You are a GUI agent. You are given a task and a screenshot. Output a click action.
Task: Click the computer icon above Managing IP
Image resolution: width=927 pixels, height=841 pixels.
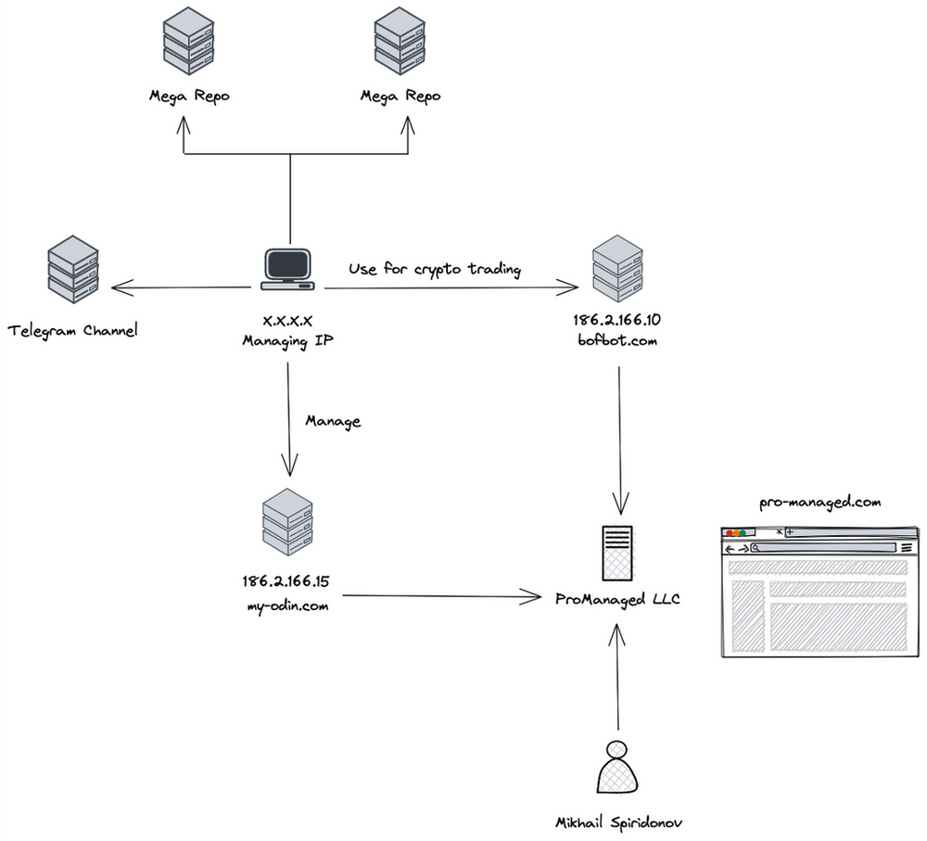pos(288,270)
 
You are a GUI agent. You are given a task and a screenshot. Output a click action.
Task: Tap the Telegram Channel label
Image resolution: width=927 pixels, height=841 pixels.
pos(72,330)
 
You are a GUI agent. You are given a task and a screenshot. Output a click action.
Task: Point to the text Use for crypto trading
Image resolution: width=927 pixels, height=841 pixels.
pos(435,270)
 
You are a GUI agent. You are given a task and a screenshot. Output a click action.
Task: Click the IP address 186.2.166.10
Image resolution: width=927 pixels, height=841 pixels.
pos(616,320)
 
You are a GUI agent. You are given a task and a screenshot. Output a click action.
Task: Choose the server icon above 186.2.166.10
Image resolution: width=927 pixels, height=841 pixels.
pos(617,265)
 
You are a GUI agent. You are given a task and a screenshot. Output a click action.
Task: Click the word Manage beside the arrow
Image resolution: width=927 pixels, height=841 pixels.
pos(333,421)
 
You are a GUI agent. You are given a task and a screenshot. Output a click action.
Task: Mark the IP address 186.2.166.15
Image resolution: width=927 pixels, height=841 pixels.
pos(286,582)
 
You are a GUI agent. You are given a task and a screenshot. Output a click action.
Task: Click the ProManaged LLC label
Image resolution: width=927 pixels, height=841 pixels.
pos(617,599)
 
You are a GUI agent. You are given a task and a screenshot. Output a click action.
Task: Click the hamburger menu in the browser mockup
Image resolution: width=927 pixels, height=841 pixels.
pos(906,548)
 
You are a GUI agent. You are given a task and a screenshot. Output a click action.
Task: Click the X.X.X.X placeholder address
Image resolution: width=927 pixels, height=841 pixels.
pos(288,320)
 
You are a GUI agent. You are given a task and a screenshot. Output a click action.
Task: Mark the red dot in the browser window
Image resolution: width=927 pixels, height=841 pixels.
pos(730,533)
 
